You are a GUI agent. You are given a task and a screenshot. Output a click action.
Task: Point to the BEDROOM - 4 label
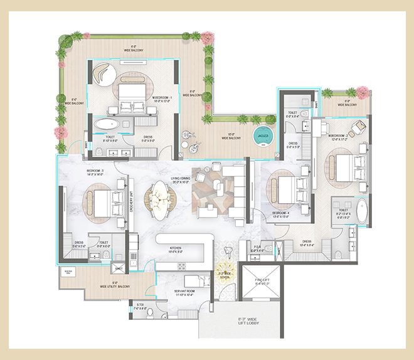point(280,213)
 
